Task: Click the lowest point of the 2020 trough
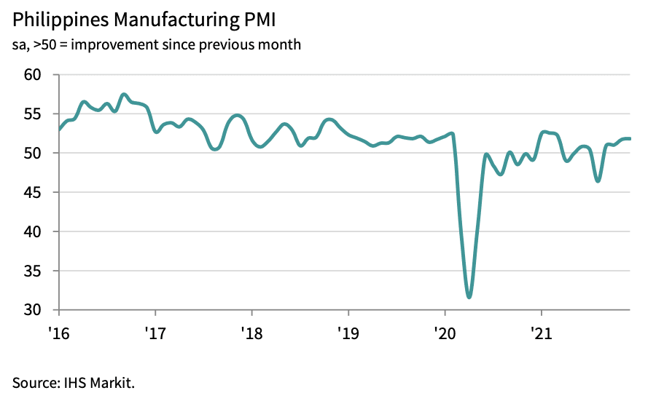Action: tap(469, 297)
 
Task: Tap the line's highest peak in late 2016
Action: tap(124, 95)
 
